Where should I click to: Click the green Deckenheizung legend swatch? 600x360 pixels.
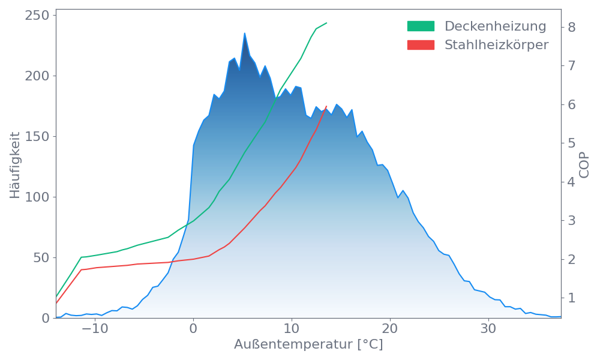pyautogui.click(x=421, y=26)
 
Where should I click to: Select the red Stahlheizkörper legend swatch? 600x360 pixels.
pyautogui.click(x=421, y=45)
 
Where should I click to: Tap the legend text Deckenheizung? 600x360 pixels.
pyautogui.click(x=495, y=26)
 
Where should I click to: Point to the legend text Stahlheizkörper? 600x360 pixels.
pyautogui.click(x=496, y=45)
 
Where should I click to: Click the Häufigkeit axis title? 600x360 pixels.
pyautogui.click(x=15, y=165)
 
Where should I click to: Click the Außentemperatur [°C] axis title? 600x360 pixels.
pyautogui.click(x=308, y=345)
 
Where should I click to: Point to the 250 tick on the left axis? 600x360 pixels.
pyautogui.click(x=37, y=15)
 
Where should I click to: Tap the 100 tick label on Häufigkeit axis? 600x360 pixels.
pyautogui.click(x=37, y=197)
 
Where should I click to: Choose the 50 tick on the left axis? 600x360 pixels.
pyautogui.click(x=41, y=257)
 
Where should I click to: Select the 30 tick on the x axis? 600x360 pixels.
pyautogui.click(x=488, y=329)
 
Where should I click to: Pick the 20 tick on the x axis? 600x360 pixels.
pyautogui.click(x=390, y=329)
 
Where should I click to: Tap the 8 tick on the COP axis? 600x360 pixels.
pyautogui.click(x=572, y=27)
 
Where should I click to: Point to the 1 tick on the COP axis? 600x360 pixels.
pyautogui.click(x=572, y=298)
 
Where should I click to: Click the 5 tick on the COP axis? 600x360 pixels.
pyautogui.click(x=572, y=143)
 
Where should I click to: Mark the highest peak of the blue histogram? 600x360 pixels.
pyautogui.click(x=244, y=33)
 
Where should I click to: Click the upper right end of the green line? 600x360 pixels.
pyautogui.click(x=327, y=23)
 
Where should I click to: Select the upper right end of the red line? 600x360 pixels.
pyautogui.click(x=326, y=106)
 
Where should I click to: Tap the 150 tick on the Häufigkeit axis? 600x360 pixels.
pyautogui.click(x=37, y=136)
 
